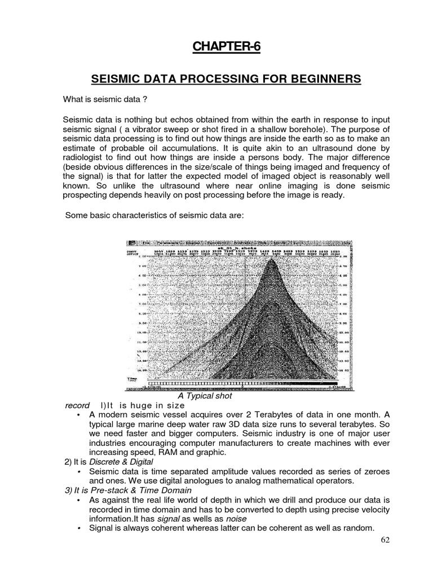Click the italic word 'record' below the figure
tap(77, 405)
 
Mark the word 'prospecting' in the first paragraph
tap(88, 195)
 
